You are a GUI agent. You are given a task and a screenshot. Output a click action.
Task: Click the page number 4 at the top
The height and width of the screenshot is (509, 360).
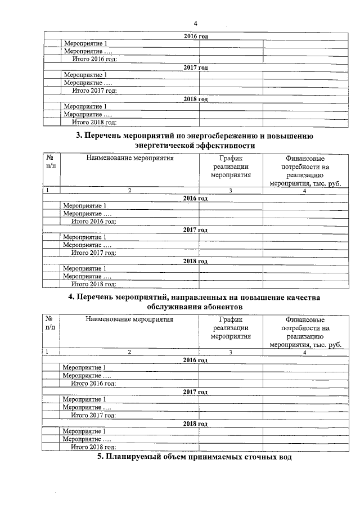click(195, 23)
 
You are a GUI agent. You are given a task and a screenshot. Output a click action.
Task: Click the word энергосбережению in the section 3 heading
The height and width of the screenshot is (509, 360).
click(229, 136)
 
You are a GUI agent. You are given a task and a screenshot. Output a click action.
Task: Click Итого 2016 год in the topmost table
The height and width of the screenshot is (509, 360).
click(94, 59)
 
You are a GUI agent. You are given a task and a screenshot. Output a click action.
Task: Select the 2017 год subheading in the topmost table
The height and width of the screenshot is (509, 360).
click(196, 67)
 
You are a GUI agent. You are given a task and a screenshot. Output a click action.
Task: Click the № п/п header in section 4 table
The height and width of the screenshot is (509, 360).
click(50, 323)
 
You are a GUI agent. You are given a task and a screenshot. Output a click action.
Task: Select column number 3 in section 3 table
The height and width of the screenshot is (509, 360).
click(231, 190)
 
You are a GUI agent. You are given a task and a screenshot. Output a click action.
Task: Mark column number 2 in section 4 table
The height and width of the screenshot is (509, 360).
click(129, 352)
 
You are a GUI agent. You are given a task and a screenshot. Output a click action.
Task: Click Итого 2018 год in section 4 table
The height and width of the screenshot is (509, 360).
click(93, 447)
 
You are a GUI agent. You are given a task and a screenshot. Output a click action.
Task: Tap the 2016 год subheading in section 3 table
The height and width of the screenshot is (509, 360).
click(196, 198)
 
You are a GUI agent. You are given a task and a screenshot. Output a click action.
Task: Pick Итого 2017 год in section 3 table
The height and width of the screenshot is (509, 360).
click(94, 253)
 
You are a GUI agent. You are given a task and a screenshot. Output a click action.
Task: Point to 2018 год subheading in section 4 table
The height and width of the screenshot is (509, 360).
click(195, 424)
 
